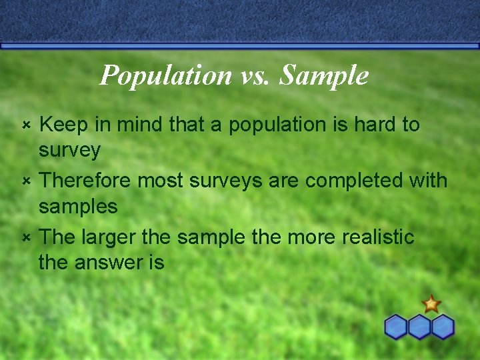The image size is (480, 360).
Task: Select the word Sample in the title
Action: pos(324,75)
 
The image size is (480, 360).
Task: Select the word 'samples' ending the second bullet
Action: pos(78,207)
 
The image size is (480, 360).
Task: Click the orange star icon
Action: pos(431,305)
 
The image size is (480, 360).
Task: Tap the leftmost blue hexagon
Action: pos(396,327)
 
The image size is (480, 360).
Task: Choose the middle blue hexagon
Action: pos(419,327)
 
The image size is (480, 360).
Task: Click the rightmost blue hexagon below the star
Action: pos(443,327)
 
